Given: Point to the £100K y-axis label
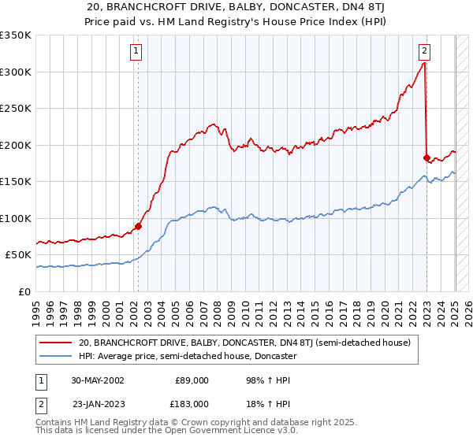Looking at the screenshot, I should [16, 218].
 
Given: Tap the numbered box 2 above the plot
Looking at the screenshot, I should [424, 52].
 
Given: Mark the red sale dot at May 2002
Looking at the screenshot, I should [138, 227].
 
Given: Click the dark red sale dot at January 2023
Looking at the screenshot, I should [426, 157].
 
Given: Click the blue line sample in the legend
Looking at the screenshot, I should [57, 356].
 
